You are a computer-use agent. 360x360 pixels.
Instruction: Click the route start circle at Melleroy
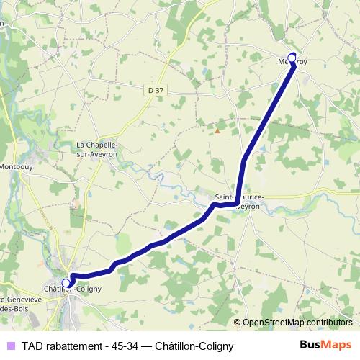292,58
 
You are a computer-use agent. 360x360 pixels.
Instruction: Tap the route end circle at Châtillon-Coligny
66,283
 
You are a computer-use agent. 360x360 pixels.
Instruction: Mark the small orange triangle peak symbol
217,130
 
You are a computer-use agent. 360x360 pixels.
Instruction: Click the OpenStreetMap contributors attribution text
297,323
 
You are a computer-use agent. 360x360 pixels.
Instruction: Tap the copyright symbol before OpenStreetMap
238,323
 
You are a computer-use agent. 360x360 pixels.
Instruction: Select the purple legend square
9,346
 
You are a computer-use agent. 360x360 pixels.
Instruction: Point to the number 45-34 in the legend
120,346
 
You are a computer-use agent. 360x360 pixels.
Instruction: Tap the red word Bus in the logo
310,345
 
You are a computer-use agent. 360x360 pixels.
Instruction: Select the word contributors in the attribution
328,323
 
